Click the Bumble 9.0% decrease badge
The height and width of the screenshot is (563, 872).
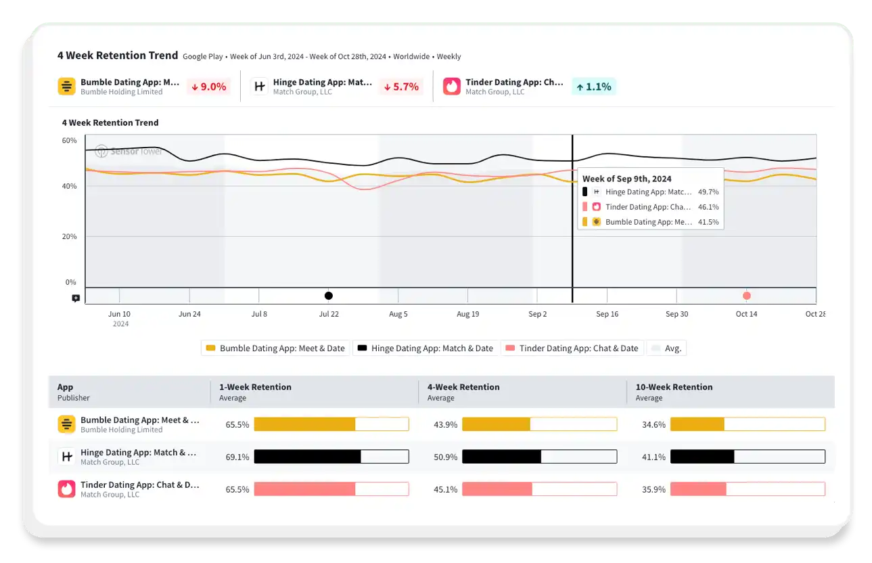click(209, 87)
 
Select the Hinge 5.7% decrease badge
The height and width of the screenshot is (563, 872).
click(401, 87)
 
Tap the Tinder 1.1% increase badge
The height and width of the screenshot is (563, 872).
click(593, 87)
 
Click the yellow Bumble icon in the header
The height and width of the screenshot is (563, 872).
click(66, 87)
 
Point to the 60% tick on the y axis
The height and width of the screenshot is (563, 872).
click(70, 141)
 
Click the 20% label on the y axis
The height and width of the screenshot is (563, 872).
click(70, 237)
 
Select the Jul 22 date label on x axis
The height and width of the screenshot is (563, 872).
click(329, 314)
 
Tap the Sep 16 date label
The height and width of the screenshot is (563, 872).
click(607, 314)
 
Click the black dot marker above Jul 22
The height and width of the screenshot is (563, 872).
click(329, 296)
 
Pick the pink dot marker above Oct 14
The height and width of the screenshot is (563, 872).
click(746, 296)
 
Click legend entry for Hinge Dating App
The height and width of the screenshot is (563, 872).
click(426, 348)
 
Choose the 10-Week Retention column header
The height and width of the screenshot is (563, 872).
click(674, 387)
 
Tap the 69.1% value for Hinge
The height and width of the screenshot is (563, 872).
click(237, 457)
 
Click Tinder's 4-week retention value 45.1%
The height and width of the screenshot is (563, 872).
click(446, 490)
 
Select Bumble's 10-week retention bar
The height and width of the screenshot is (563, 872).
click(747, 425)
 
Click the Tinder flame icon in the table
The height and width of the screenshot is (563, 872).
click(66, 489)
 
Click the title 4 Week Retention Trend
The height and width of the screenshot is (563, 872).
click(118, 55)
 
